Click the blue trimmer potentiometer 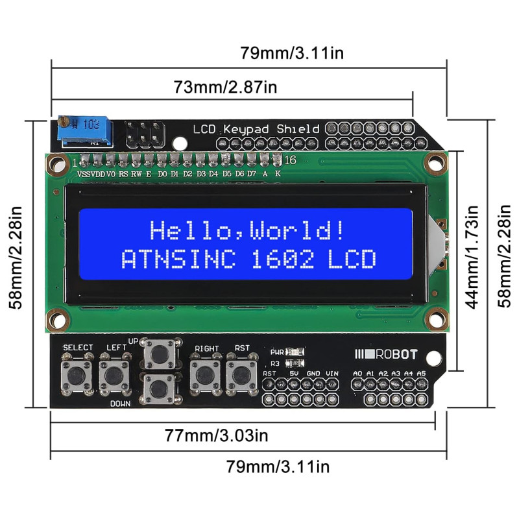click(84, 130)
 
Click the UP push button click(159, 354)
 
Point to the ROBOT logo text click(393, 354)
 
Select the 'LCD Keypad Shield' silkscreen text click(256, 128)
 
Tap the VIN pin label click(332, 374)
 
